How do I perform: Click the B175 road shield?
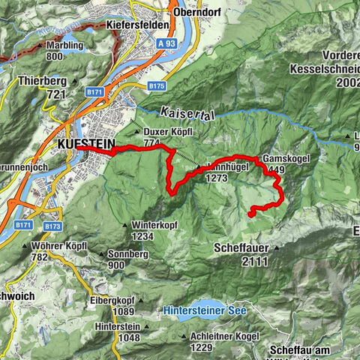coord(156,87)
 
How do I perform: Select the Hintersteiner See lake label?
coord(205,310)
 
